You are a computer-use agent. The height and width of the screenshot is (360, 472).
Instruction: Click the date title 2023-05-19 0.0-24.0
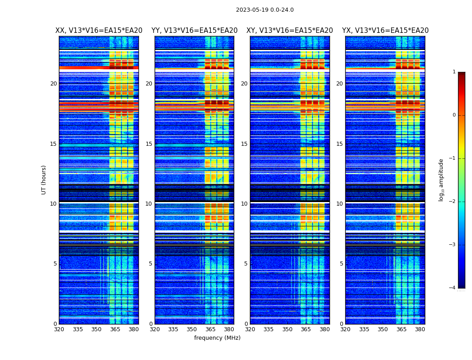[265, 10]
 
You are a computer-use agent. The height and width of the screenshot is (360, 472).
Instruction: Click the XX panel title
[99, 31]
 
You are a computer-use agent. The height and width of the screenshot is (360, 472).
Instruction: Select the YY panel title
[194, 31]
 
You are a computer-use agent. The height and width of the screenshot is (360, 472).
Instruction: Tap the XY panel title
[289, 31]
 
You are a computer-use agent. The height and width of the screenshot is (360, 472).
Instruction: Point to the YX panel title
[385, 31]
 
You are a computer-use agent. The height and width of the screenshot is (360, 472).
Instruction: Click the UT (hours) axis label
[44, 180]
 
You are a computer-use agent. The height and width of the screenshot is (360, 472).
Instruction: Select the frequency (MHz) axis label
[217, 338]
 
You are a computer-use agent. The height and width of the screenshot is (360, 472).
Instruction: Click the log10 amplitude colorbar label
[441, 180]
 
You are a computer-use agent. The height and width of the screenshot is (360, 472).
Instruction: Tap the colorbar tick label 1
[454, 72]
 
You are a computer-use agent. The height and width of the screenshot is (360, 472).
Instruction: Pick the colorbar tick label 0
[454, 115]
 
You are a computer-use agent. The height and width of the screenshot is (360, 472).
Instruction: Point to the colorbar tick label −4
[453, 288]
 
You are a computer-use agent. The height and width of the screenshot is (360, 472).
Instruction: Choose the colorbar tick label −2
[453, 202]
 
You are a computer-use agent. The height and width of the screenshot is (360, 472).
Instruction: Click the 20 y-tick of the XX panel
[53, 84]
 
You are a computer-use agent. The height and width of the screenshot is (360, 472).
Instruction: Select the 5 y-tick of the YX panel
[342, 264]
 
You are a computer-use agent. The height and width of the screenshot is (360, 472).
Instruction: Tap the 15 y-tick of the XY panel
[244, 144]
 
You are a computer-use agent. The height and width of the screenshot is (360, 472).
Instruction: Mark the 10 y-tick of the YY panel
[149, 204]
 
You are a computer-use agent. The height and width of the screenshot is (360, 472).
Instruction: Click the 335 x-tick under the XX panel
[78, 329]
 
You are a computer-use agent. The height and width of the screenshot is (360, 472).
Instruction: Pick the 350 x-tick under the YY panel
[192, 329]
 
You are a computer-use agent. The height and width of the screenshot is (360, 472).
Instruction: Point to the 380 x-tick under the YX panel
[420, 329]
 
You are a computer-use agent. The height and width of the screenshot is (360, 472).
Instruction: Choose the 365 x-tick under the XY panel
[306, 329]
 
